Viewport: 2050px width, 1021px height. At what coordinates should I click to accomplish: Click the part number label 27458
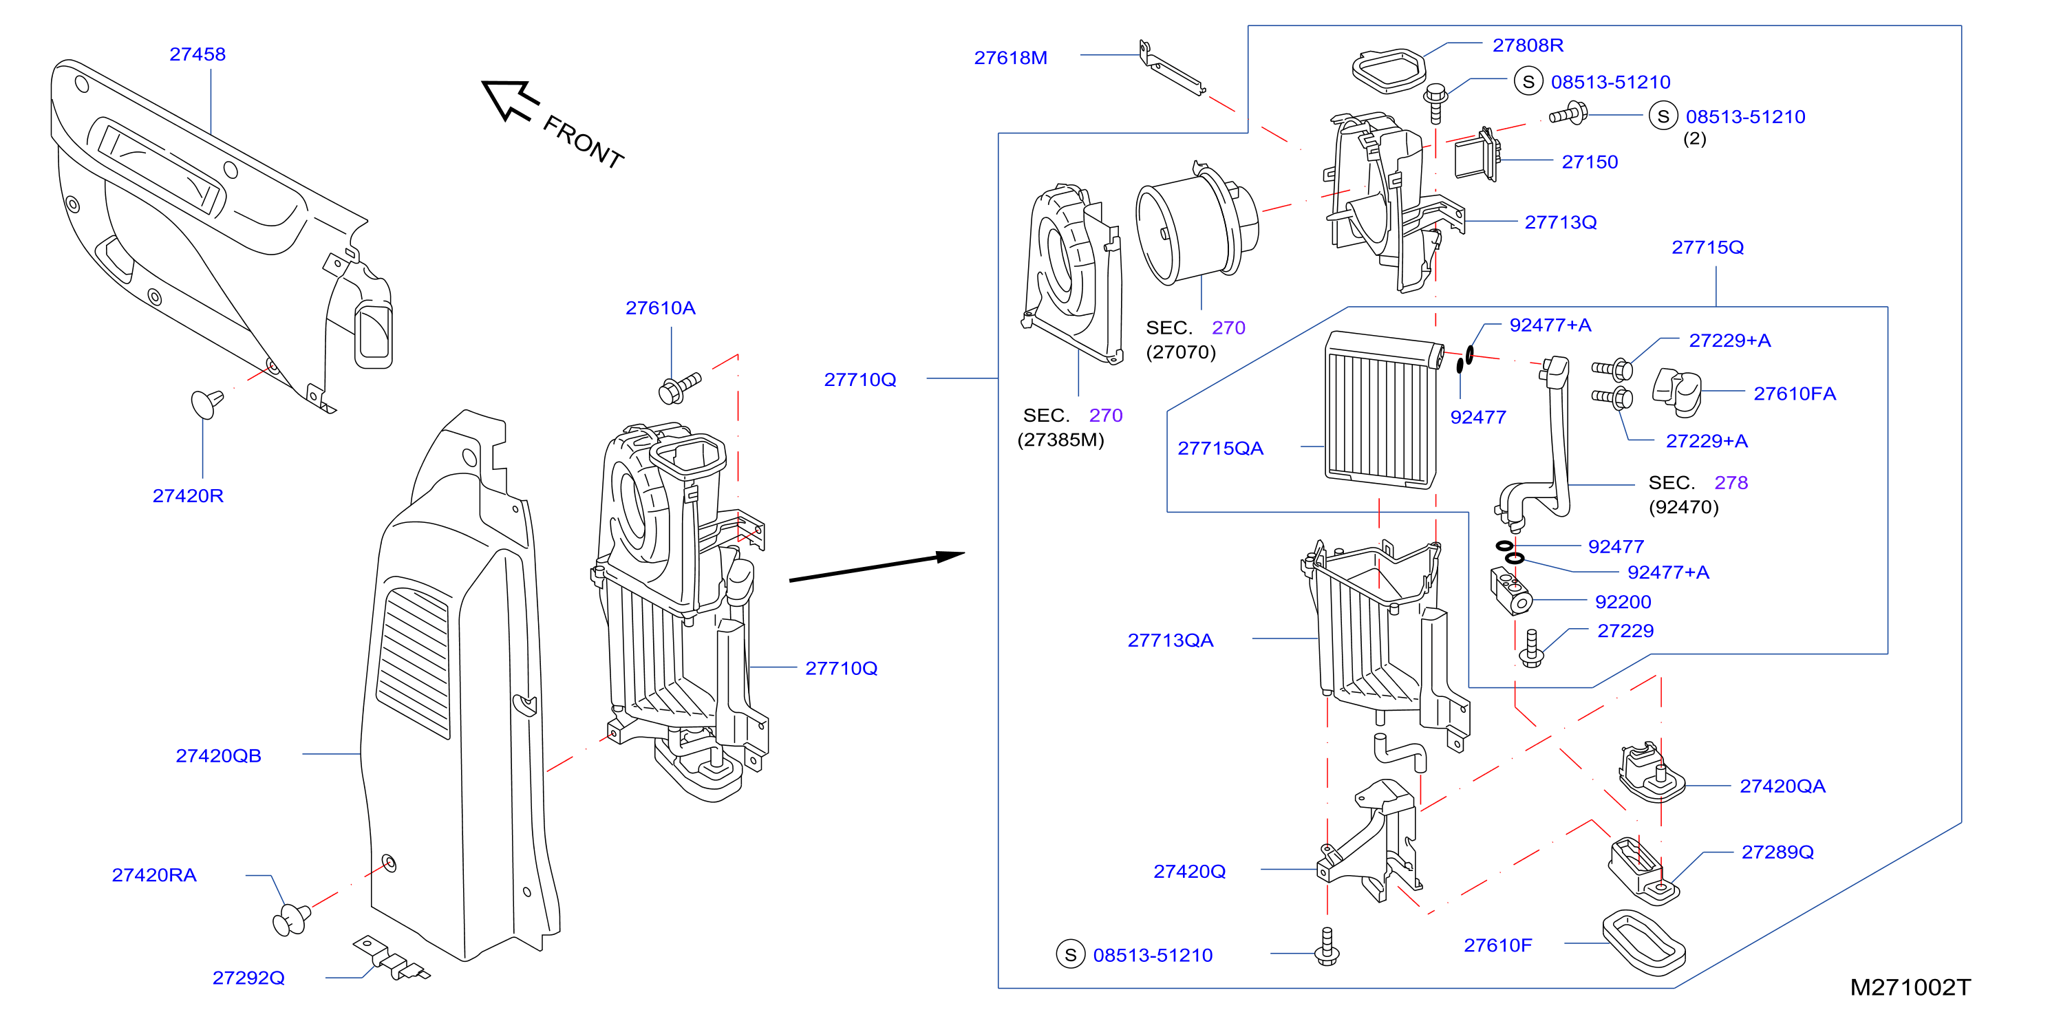click(x=197, y=54)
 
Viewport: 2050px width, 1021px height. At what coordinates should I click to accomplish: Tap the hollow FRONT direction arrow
click(x=509, y=100)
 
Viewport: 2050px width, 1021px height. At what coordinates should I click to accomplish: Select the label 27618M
click(x=1011, y=58)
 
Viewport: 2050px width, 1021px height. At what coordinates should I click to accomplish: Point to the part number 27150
click(x=1589, y=162)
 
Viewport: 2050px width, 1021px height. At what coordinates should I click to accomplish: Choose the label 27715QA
click(x=1220, y=449)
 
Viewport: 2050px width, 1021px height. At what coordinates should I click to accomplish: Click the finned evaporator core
click(x=1383, y=410)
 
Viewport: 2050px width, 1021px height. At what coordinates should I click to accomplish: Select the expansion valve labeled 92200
click(x=1510, y=590)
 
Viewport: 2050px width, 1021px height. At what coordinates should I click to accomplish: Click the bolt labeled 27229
click(x=1531, y=649)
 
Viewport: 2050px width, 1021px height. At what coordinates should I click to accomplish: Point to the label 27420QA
click(x=1782, y=786)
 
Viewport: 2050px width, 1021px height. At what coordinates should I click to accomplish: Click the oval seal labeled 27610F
click(x=1644, y=943)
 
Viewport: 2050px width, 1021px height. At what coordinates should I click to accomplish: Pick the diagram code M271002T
click(x=1910, y=987)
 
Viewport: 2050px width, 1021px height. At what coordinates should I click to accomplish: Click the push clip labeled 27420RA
click(x=291, y=919)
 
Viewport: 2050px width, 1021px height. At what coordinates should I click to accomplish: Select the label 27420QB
click(x=218, y=756)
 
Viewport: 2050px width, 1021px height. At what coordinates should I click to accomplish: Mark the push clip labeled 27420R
click(x=207, y=402)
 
